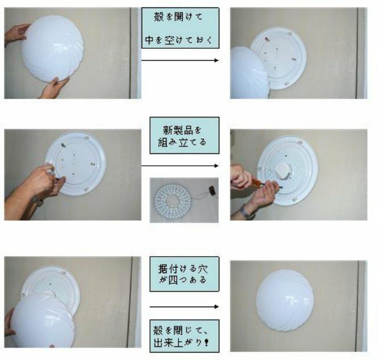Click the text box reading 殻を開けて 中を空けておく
tap(180, 28)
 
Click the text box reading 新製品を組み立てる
tap(184, 135)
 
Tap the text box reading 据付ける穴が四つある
tap(184, 274)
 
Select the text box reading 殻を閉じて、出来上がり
tap(184, 336)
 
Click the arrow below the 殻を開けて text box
tap(180, 60)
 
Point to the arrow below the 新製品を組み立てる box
tap(180, 166)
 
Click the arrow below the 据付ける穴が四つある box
tap(184, 307)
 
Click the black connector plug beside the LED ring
tap(212, 190)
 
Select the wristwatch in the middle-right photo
tap(247, 212)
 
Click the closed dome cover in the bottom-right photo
tap(285, 300)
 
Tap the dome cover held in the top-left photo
tap(52, 48)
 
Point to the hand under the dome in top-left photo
tap(53, 89)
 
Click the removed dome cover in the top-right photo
tap(250, 73)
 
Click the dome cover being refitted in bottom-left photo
tap(43, 321)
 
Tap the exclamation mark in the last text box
tap(206, 342)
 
